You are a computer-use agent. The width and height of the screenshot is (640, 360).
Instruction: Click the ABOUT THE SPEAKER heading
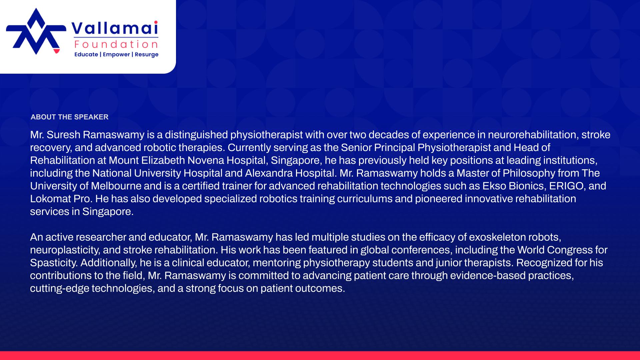[x=69, y=117]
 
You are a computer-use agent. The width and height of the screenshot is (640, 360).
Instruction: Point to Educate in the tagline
[x=86, y=54]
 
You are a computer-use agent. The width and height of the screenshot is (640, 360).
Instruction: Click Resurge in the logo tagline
[x=147, y=55]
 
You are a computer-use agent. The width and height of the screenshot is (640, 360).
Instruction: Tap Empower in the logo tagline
[x=116, y=55]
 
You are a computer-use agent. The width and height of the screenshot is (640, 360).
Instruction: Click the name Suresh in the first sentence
[x=63, y=135]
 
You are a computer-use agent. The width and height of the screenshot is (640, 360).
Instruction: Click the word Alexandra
[x=269, y=173]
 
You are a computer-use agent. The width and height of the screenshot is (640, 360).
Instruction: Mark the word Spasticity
[x=54, y=263]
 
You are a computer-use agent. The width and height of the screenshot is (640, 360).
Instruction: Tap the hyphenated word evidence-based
[x=488, y=275]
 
